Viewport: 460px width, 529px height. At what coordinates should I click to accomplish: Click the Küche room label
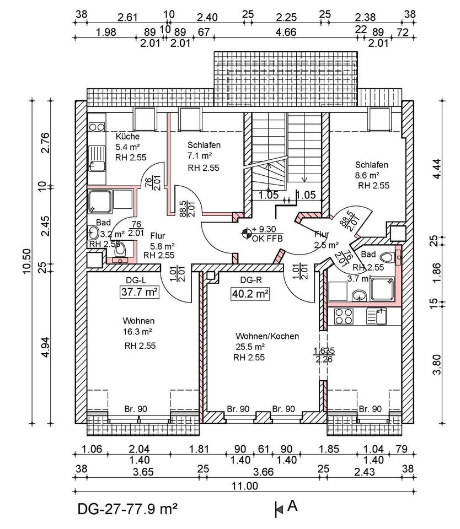pyautogui.click(x=127, y=137)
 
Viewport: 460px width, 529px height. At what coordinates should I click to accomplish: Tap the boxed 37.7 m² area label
pyautogui.click(x=140, y=292)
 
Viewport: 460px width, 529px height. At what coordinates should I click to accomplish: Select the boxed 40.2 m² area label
pyautogui.click(x=249, y=294)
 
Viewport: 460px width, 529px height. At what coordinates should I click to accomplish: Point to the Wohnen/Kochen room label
pyautogui.click(x=267, y=336)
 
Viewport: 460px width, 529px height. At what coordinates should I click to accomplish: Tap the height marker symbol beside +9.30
pyautogui.click(x=245, y=233)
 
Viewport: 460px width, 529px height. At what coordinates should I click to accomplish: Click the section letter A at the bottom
pyautogui.click(x=292, y=505)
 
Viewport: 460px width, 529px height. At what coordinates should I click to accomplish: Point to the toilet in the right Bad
pyautogui.click(x=388, y=257)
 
